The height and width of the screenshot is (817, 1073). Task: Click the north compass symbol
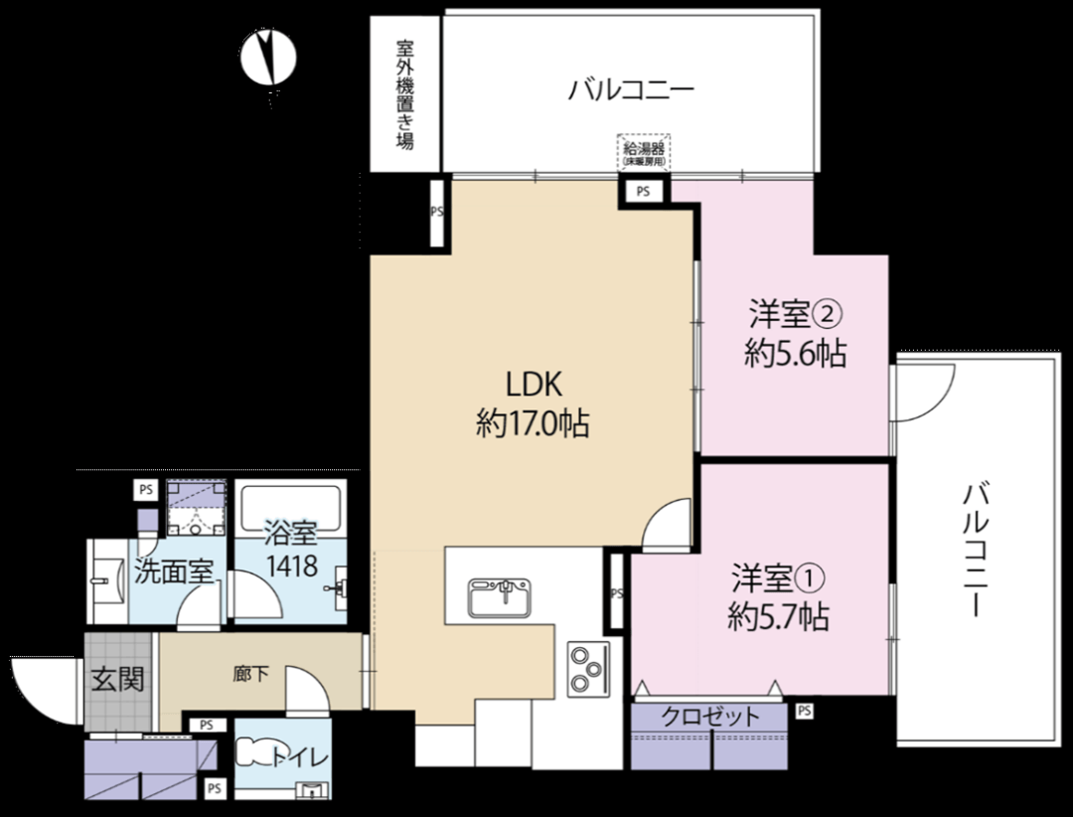coord(267,59)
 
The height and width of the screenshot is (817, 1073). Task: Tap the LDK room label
coord(534,385)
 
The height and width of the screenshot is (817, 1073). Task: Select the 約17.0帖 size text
coord(534,424)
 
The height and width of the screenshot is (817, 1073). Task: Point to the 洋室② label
coord(795,314)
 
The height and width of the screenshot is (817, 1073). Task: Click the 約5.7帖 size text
coord(778,617)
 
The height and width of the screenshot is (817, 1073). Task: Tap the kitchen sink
coord(500,597)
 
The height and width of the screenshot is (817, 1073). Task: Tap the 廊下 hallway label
coord(250,675)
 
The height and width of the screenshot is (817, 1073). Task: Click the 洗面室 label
coord(174,572)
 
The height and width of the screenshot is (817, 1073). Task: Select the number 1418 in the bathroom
coord(291,566)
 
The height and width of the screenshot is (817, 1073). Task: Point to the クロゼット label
coord(710,717)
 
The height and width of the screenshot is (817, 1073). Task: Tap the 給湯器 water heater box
coord(644,152)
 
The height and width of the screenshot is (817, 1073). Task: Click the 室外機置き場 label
coord(405,94)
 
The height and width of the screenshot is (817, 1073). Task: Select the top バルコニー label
coord(631,89)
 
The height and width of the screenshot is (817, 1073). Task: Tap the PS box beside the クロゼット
coord(805,711)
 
